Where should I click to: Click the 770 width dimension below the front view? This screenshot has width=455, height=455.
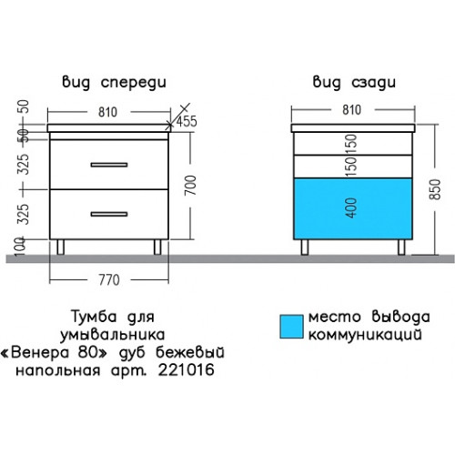[109, 280]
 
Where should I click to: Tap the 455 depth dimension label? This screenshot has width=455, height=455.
[187, 121]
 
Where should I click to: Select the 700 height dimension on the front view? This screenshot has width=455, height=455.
[191, 185]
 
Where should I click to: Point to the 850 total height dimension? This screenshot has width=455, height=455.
[435, 189]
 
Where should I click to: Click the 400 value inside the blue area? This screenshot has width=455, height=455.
[351, 207]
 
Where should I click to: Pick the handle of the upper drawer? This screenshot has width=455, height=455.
[109, 165]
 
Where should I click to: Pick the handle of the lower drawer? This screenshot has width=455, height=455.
[109, 214]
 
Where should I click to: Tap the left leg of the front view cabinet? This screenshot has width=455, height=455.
[61, 248]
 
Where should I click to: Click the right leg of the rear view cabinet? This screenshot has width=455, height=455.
[401, 248]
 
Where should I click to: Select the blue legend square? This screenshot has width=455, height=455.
[291, 327]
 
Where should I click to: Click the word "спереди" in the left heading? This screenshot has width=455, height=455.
[134, 83]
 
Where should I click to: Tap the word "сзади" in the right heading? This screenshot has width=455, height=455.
[373, 83]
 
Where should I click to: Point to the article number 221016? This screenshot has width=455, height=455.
[187, 369]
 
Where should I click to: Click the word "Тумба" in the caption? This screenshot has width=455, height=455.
[94, 317]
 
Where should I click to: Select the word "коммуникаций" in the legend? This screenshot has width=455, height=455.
[365, 335]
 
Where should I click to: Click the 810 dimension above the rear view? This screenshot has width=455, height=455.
[352, 110]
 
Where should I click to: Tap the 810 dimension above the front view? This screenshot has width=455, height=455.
[107, 112]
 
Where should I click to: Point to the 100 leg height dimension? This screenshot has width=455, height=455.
[20, 246]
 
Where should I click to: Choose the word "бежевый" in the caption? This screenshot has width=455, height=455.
[190, 352]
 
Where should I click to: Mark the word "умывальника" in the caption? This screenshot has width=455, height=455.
[113, 335]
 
